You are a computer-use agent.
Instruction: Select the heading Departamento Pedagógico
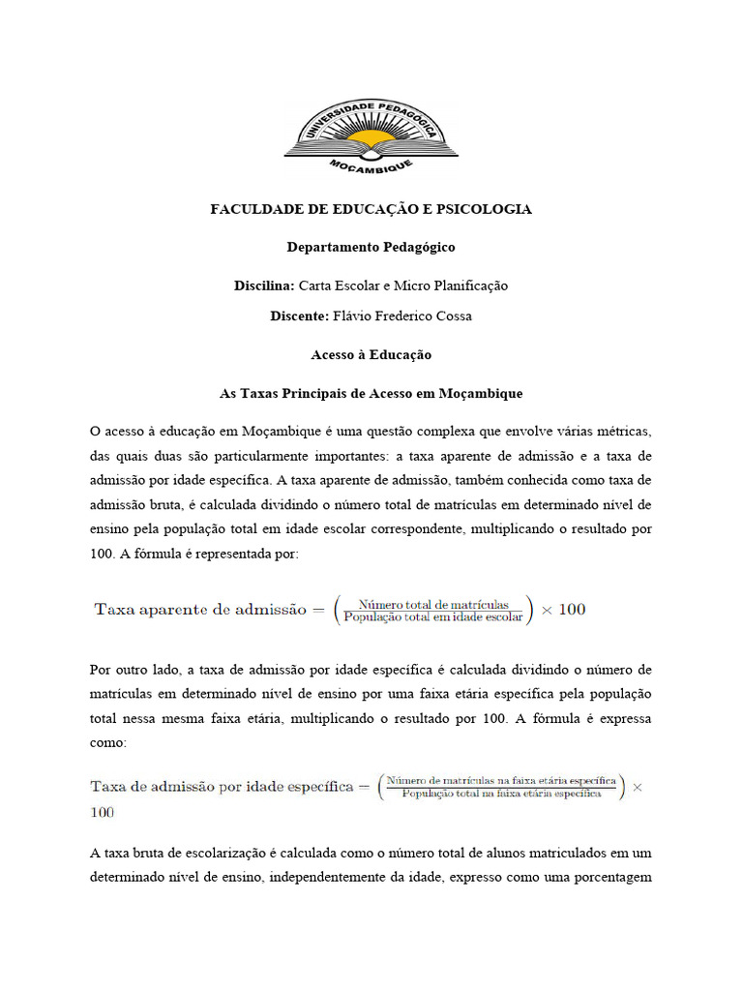371,247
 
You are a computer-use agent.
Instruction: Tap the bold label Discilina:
264,285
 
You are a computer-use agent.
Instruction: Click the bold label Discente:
300,315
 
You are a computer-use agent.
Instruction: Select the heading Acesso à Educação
371,355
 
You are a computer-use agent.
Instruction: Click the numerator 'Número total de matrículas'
432,602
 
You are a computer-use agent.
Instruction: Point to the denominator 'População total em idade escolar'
432,616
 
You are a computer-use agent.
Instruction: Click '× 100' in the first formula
563,610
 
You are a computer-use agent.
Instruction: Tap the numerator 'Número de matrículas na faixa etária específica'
501,780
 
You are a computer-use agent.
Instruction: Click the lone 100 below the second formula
102,813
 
